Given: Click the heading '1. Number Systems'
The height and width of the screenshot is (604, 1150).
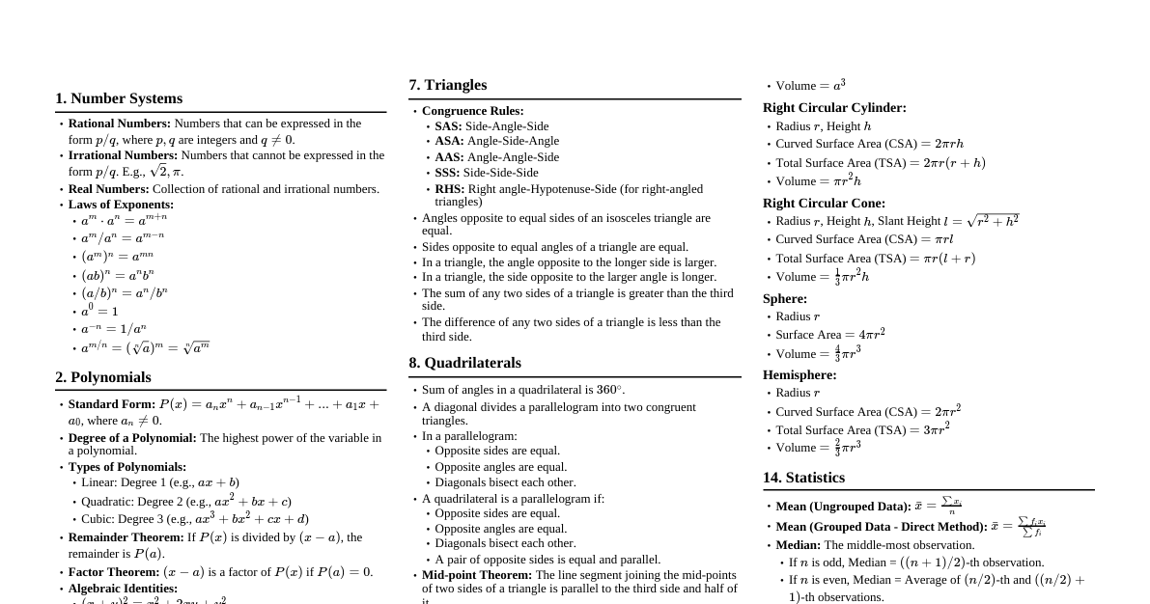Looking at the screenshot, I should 119,98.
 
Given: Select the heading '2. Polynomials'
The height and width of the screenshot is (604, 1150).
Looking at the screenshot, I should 103,377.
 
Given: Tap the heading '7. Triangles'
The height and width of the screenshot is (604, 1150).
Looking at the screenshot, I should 448,85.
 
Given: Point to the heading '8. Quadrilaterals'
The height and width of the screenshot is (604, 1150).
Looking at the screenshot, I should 464,363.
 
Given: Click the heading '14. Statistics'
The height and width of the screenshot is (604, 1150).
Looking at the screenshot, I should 803,478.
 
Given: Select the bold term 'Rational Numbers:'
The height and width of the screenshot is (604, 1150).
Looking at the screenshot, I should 119,124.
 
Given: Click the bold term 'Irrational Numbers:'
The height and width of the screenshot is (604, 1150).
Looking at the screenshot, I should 123,155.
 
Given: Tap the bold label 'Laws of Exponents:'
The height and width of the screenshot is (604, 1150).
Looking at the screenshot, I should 121,205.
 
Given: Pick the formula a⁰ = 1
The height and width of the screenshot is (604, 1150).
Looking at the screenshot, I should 99,311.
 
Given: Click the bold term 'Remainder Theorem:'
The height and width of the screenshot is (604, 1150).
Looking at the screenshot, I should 126,537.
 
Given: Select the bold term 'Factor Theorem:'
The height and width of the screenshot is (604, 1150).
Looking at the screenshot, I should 114,572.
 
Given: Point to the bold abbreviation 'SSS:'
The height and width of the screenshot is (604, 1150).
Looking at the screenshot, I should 447,173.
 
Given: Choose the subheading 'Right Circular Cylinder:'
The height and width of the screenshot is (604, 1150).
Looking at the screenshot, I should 834,108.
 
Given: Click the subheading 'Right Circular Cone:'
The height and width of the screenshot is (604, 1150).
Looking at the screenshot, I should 824,204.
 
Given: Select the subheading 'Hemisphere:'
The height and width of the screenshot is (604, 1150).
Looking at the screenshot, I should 799,375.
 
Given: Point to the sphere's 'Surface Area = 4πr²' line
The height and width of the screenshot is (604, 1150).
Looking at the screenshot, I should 829,335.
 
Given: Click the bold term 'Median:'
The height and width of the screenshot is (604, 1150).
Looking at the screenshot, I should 798,545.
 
